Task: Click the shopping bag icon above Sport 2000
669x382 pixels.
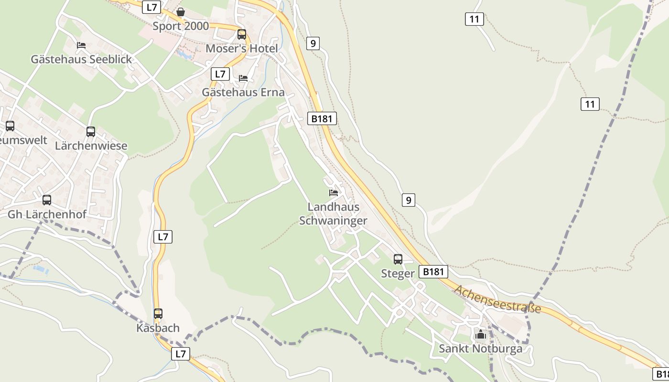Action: [x=181, y=12]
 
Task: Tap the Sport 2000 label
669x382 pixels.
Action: [x=181, y=26]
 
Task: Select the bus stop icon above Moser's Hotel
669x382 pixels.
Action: [x=242, y=34]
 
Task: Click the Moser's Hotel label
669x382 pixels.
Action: [x=241, y=49]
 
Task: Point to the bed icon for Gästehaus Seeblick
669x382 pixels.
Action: [x=81, y=45]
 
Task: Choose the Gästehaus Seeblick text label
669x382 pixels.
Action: [x=81, y=59]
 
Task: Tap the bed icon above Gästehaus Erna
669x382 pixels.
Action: [x=243, y=78]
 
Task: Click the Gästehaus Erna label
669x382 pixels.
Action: [x=243, y=92]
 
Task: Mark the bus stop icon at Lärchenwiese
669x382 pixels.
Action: [x=91, y=132]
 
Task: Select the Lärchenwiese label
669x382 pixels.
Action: [x=91, y=146]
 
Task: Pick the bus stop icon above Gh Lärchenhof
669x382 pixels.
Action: [x=47, y=200]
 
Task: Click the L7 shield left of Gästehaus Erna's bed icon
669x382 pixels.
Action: [x=220, y=74]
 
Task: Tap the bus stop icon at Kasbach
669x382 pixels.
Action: [x=158, y=314]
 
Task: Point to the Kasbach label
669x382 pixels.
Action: [x=158, y=328]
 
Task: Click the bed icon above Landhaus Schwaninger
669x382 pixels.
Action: [x=334, y=193]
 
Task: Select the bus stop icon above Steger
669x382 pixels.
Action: [x=398, y=259]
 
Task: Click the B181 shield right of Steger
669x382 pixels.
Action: [x=433, y=272]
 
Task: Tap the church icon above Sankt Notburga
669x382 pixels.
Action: [x=481, y=334]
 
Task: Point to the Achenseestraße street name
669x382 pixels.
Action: [x=497, y=299]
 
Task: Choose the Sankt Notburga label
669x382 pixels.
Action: [x=481, y=349]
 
